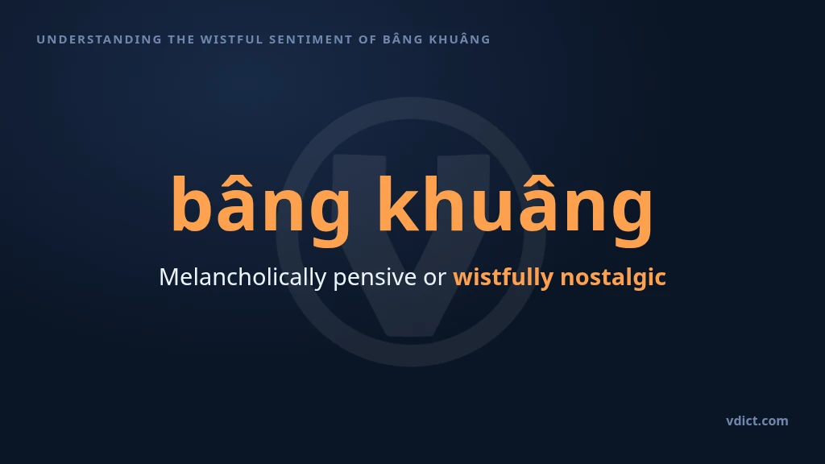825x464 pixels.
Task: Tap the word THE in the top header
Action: (x=181, y=39)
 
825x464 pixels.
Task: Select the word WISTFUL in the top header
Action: (x=231, y=39)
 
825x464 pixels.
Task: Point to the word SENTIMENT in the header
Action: (x=310, y=39)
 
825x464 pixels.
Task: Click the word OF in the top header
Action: (x=367, y=39)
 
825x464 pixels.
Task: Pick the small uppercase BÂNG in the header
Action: (x=403, y=39)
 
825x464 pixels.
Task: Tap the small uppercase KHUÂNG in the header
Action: (x=460, y=39)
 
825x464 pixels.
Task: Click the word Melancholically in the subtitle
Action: (x=243, y=277)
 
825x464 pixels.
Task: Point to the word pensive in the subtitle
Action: (x=375, y=278)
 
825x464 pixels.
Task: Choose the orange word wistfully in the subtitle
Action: (x=503, y=277)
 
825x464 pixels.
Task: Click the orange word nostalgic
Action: (x=613, y=277)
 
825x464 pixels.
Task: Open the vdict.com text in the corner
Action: (x=757, y=420)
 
